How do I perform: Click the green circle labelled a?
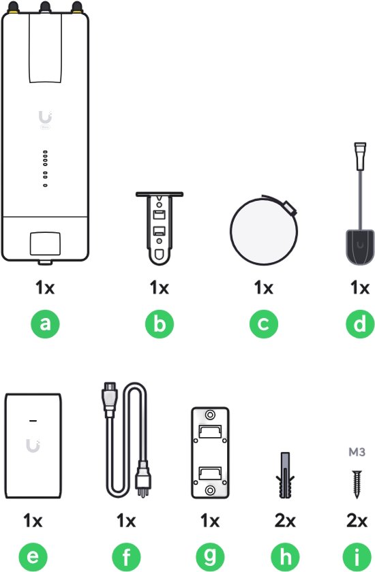pos(45,323)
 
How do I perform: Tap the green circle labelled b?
pos(159,323)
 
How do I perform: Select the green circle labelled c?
pos(264,323)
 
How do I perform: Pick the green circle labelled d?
pos(360,323)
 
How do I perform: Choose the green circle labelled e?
pos(33,557)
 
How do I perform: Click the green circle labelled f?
pos(126,557)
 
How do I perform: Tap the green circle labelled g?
pos(210,557)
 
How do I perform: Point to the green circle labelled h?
pos(285,557)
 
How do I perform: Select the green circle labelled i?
pos(357,557)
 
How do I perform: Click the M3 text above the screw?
pos(357,452)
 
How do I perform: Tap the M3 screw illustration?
pos(357,484)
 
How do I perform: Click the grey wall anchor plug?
pos(285,475)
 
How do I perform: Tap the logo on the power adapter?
pos(33,446)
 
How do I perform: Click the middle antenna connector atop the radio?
pos(45,7)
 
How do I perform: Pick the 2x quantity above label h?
pos(285,520)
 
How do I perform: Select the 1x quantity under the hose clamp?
pos(264,288)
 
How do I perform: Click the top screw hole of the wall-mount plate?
pos(210,415)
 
